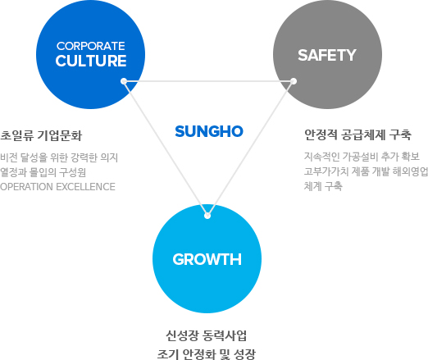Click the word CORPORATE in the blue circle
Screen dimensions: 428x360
91,46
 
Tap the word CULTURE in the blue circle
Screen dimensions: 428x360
91,61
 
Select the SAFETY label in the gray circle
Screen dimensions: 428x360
327,55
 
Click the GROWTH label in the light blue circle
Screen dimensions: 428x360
207,259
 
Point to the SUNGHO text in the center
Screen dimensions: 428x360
209,131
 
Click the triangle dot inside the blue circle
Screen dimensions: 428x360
124,81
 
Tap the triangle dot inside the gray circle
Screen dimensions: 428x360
294,81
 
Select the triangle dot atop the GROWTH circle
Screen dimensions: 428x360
207,216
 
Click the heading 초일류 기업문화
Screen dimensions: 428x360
41,135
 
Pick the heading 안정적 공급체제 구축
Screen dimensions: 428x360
357,134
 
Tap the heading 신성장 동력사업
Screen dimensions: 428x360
207,335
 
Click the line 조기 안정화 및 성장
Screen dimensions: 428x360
207,354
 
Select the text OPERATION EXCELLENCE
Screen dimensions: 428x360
57,187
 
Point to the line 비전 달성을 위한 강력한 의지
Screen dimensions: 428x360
59,157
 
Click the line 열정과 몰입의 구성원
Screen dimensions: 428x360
43,172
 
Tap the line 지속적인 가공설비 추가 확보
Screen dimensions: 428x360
362,157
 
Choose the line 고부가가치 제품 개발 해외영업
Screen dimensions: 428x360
367,171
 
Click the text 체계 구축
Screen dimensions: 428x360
323,186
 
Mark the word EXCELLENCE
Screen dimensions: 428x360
86,187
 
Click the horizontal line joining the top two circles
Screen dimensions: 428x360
208,81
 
